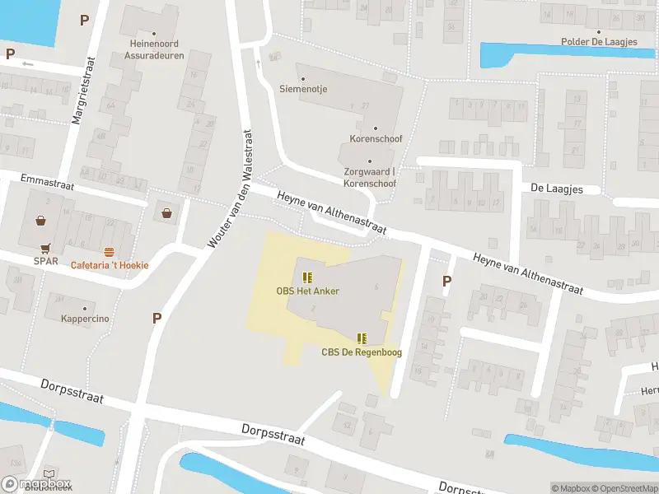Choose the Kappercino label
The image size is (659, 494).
pyautogui.click(x=85, y=319)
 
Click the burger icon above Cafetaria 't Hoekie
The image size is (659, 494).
pyautogui.click(x=109, y=251)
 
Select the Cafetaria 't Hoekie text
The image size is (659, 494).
pyautogui.click(x=109, y=265)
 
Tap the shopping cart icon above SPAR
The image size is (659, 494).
pyautogui.click(x=45, y=248)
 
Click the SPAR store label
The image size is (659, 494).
pyautogui.click(x=45, y=261)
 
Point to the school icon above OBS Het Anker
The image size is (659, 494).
pyautogui.click(x=307, y=277)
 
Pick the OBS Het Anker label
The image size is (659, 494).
pyautogui.click(x=307, y=291)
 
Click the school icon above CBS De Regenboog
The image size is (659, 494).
pyautogui.click(x=362, y=338)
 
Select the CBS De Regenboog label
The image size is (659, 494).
pyautogui.click(x=362, y=352)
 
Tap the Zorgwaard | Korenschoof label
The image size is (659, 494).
pyautogui.click(x=370, y=177)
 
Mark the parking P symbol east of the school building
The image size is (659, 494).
pyautogui.click(x=447, y=281)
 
